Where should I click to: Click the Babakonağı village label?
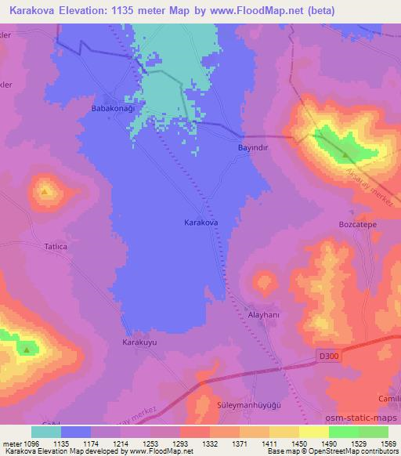pyautogui.click(x=114, y=107)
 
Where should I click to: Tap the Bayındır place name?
pyautogui.click(x=252, y=147)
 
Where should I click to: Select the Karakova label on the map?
pyautogui.click(x=200, y=223)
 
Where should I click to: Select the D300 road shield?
pyautogui.click(x=331, y=357)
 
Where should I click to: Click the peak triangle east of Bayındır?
pyautogui.click(x=345, y=154)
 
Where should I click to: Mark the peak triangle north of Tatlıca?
pyautogui.click(x=45, y=190)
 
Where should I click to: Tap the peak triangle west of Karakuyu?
pyautogui.click(x=27, y=349)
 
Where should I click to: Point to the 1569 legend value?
pyautogui.click(x=388, y=443)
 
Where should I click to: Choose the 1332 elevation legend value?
pyautogui.click(x=210, y=443)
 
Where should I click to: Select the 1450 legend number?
pyautogui.click(x=299, y=443)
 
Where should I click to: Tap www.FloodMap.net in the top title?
pyautogui.click(x=262, y=11)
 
